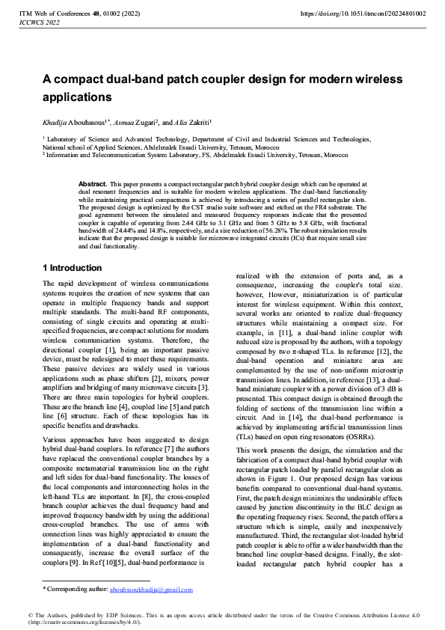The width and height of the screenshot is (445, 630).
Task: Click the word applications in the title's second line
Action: (76, 97)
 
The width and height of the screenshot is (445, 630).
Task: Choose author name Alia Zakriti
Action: (194, 121)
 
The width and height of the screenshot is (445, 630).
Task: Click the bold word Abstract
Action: (93, 183)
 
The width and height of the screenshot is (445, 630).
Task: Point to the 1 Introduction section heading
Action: (73, 268)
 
